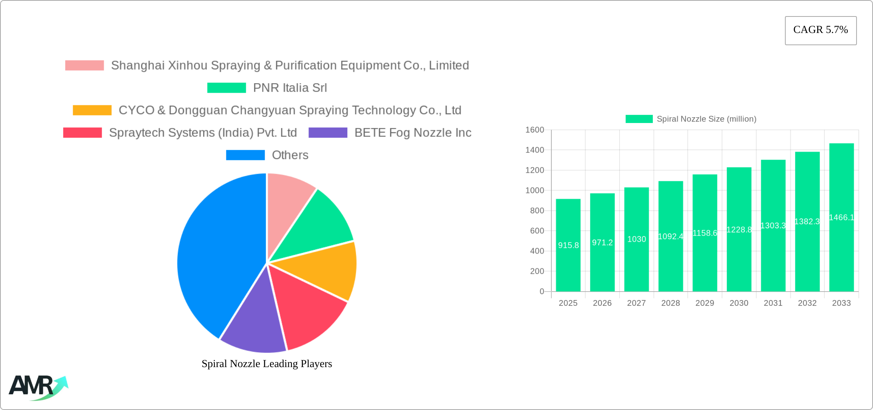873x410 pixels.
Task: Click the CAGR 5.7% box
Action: click(821, 30)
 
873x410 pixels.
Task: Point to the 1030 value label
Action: click(636, 239)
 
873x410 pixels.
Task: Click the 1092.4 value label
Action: click(670, 236)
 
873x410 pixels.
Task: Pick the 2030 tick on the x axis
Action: click(739, 303)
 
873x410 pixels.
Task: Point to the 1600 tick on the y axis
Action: click(535, 130)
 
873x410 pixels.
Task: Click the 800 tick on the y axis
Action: click(537, 210)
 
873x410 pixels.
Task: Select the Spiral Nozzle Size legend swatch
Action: click(639, 119)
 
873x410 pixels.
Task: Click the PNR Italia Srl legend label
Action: click(290, 88)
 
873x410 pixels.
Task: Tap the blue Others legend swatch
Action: click(245, 155)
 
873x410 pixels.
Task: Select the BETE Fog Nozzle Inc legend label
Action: click(413, 133)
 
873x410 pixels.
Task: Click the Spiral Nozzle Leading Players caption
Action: click(266, 364)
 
